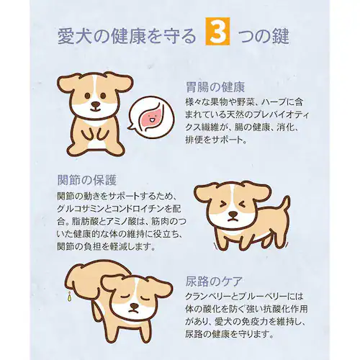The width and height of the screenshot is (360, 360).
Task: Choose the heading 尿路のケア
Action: click(x=216, y=280)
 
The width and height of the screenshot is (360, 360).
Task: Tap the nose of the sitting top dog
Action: click(x=96, y=106)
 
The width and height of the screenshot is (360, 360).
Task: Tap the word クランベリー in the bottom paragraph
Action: click(x=211, y=296)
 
